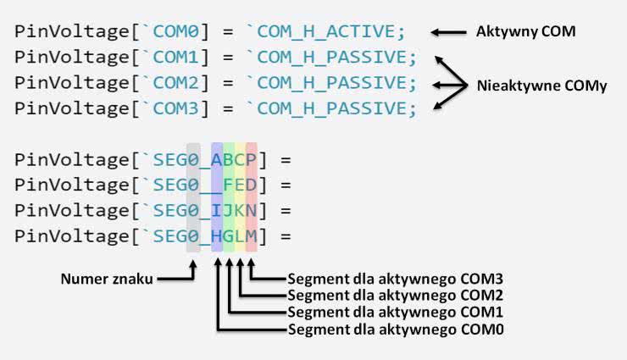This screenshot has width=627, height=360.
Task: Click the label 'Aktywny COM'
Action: coord(526,32)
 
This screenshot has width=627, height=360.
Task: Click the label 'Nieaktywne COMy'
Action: coord(542,86)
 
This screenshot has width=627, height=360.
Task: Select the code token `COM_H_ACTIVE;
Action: coord(326,33)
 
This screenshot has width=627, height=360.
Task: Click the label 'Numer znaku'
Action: coord(108,278)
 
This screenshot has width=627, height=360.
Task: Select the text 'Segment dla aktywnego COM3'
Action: coord(396,278)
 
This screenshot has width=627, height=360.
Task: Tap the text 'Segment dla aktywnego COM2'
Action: coord(396,295)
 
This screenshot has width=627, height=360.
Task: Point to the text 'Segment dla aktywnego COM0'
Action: coord(396,328)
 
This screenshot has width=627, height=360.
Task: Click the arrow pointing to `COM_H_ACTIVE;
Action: coord(449,33)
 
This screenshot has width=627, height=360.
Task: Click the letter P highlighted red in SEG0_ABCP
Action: coord(251,159)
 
